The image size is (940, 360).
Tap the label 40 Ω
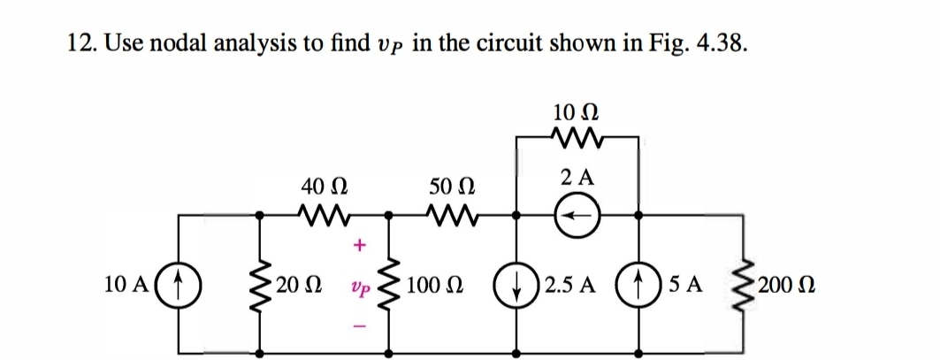click(317, 186)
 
